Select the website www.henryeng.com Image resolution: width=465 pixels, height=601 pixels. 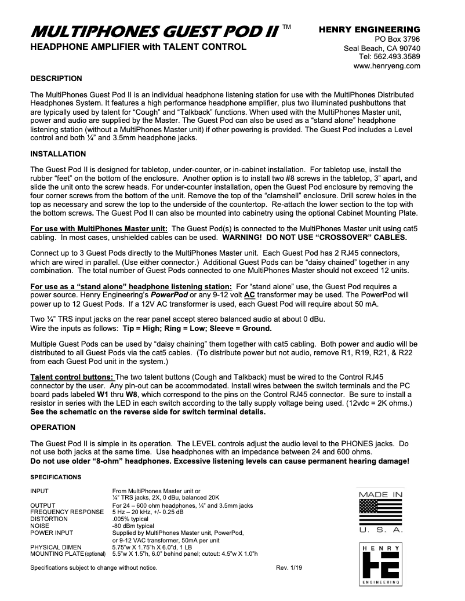[x=387, y=67]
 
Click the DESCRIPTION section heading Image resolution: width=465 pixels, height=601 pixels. [x=56, y=78]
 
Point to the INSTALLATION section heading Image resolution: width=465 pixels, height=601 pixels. [x=58, y=154]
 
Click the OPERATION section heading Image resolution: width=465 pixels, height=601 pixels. [x=53, y=428]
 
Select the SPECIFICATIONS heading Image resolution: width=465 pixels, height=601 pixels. [x=56, y=477]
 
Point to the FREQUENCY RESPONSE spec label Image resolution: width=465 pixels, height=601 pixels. [x=67, y=512]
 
